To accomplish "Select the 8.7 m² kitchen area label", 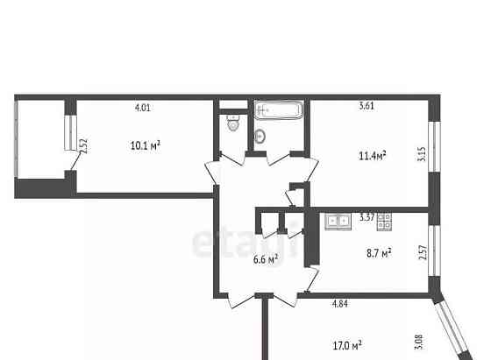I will coord(378,252).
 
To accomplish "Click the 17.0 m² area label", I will coord(348,345).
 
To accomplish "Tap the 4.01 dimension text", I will coord(142,109).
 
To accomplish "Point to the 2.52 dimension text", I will coord(83,146).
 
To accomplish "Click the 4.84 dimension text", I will coord(340,306).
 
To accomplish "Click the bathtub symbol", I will coord(279,111).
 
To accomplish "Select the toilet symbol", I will coord(231,124).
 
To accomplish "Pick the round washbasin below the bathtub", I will coord(260,137).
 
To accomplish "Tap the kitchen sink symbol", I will coord(336,222).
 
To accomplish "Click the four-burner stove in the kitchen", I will coord(384,222).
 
